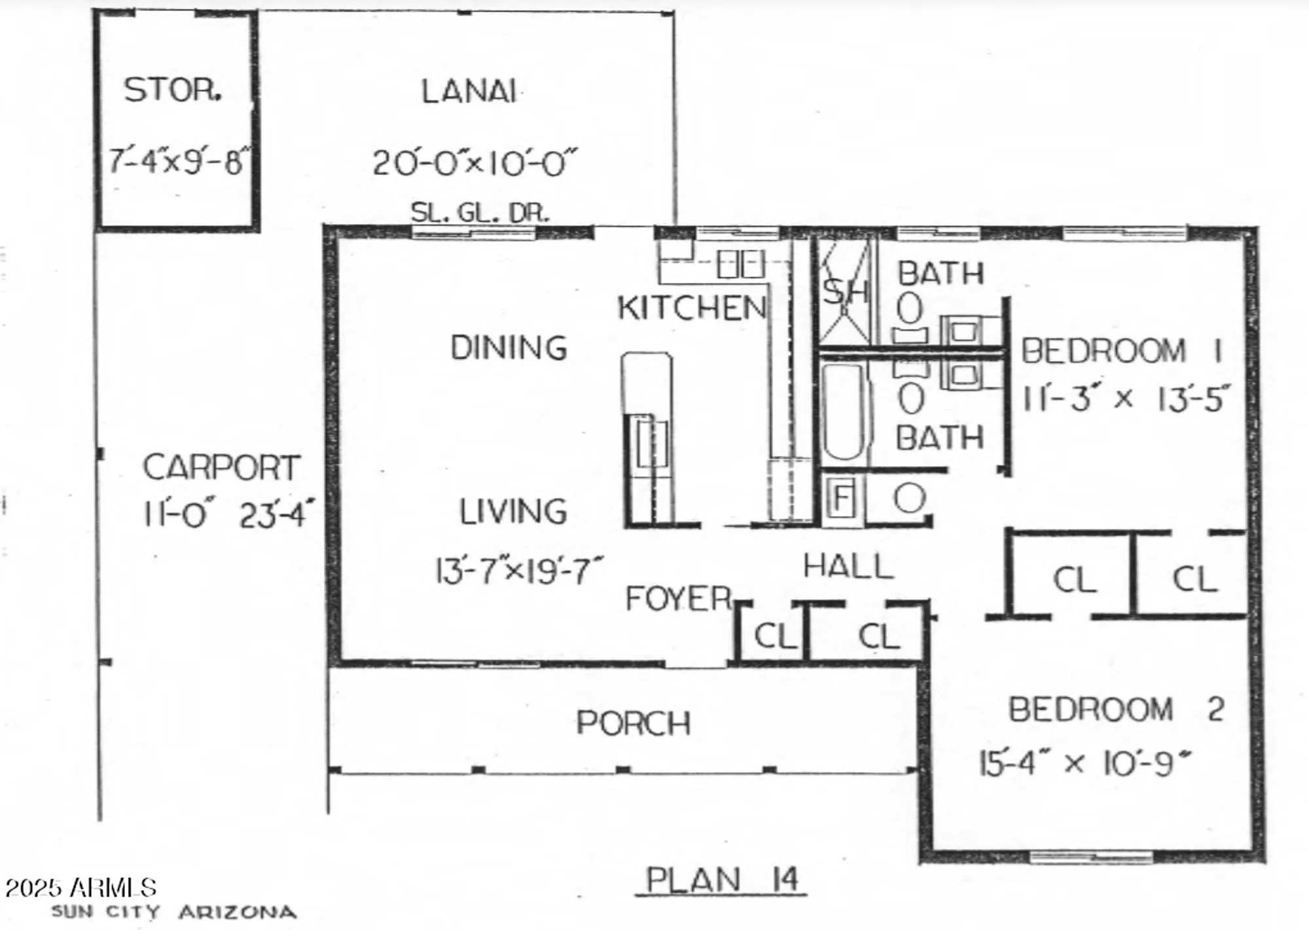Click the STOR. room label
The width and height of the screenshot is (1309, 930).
173,90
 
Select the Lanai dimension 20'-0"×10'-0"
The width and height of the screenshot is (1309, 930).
475,163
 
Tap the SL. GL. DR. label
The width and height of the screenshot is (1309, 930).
480,213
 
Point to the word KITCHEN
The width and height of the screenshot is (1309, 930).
692,308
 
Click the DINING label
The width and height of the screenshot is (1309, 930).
509,348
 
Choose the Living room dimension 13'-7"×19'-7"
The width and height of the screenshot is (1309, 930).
518,571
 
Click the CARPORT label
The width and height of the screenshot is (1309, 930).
221,467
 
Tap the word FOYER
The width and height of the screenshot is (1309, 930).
678,598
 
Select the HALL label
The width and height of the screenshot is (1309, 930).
848,566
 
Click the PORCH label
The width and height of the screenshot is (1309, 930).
634,723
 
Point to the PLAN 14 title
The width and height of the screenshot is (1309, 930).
722,880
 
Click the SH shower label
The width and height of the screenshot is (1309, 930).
845,292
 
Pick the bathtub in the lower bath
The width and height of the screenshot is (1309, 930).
844,412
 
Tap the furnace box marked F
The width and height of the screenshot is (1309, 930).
842,499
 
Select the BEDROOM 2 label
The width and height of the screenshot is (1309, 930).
1116,709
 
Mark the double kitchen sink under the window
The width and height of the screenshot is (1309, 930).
740,264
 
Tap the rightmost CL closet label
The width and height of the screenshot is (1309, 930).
1194,579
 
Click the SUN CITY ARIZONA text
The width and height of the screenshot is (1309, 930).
173,912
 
